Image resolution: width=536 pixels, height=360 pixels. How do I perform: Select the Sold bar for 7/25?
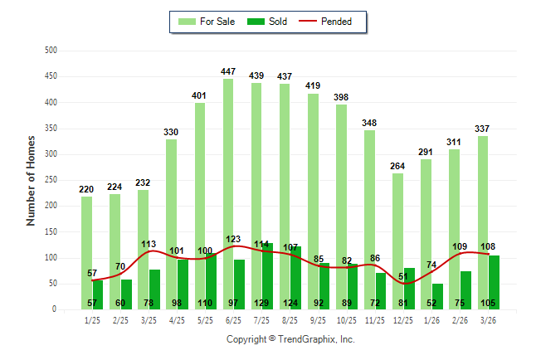point(267,274)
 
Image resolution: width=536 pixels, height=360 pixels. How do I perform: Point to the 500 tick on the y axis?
point(51,51)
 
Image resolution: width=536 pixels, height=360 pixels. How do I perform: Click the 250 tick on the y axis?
point(51,180)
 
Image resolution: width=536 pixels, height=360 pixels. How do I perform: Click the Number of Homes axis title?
point(31,180)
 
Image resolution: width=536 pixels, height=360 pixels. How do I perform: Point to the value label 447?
point(228,72)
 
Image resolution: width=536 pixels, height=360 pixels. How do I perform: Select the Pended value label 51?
point(403,277)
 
